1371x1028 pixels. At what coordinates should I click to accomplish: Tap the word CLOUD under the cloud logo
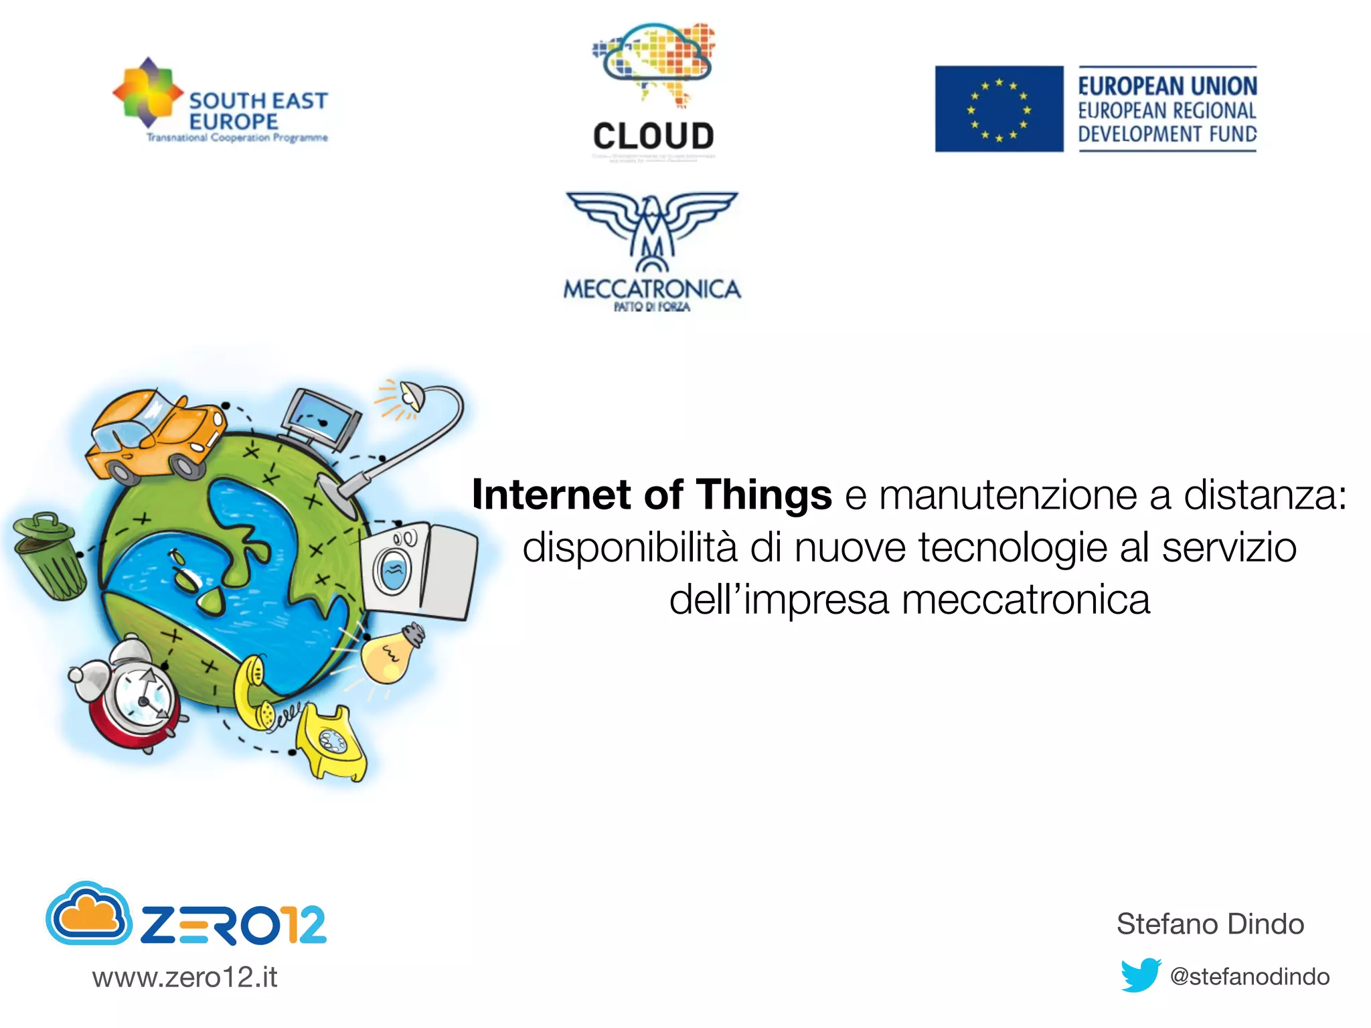pyautogui.click(x=653, y=137)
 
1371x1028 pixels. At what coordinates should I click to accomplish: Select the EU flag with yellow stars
pyautogui.click(x=999, y=109)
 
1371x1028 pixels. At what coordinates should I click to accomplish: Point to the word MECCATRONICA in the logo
pyautogui.click(x=652, y=290)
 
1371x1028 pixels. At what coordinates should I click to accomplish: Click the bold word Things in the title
pyautogui.click(x=764, y=495)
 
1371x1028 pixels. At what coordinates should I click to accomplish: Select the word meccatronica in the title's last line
pyautogui.click(x=1026, y=600)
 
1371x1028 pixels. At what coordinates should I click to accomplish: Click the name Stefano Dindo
pyautogui.click(x=1210, y=924)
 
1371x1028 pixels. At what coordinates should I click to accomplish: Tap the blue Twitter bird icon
pyautogui.click(x=1140, y=975)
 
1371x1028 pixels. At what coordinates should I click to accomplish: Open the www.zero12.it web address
pyautogui.click(x=185, y=978)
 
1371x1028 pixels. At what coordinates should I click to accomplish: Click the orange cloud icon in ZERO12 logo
pyautogui.click(x=89, y=915)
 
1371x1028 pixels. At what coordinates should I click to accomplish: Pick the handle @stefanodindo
pyautogui.click(x=1249, y=976)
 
